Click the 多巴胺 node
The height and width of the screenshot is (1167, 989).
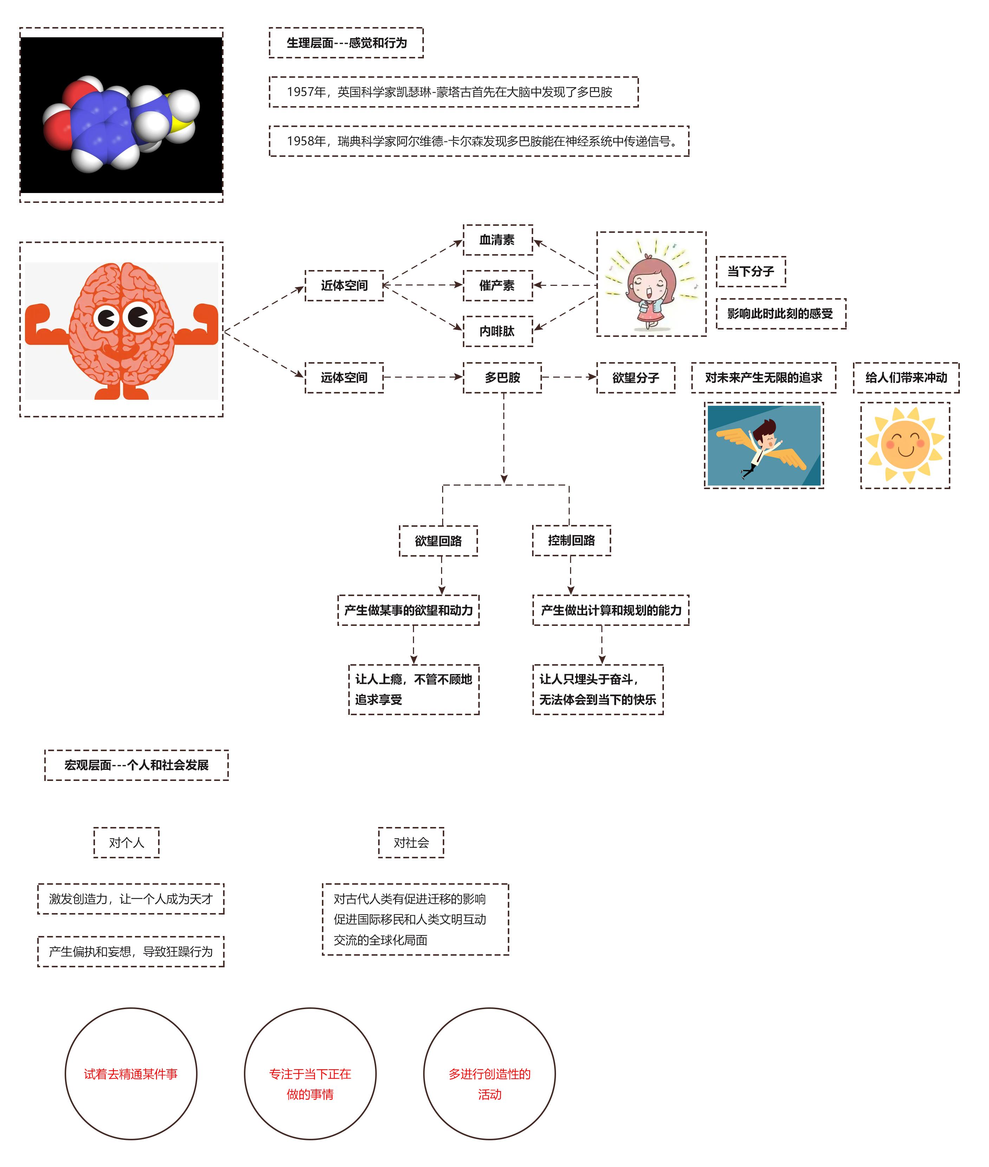coord(502,377)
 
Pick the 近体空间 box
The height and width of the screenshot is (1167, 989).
coord(344,286)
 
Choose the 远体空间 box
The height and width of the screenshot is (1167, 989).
coord(344,377)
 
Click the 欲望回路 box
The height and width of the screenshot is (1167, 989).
coord(438,540)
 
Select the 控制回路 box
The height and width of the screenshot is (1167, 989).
coord(571,540)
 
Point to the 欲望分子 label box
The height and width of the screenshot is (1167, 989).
coord(636,377)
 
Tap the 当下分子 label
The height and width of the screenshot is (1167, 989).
coord(751,271)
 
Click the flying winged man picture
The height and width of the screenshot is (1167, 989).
coord(764,445)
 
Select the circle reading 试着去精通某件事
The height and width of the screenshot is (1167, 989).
coord(131,1073)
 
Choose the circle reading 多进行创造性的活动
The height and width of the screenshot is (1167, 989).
coord(490,1073)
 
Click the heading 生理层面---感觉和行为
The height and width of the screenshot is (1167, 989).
coord(347,43)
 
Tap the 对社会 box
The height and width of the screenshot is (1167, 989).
coord(411,842)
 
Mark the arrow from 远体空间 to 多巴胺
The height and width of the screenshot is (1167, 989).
coord(423,377)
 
